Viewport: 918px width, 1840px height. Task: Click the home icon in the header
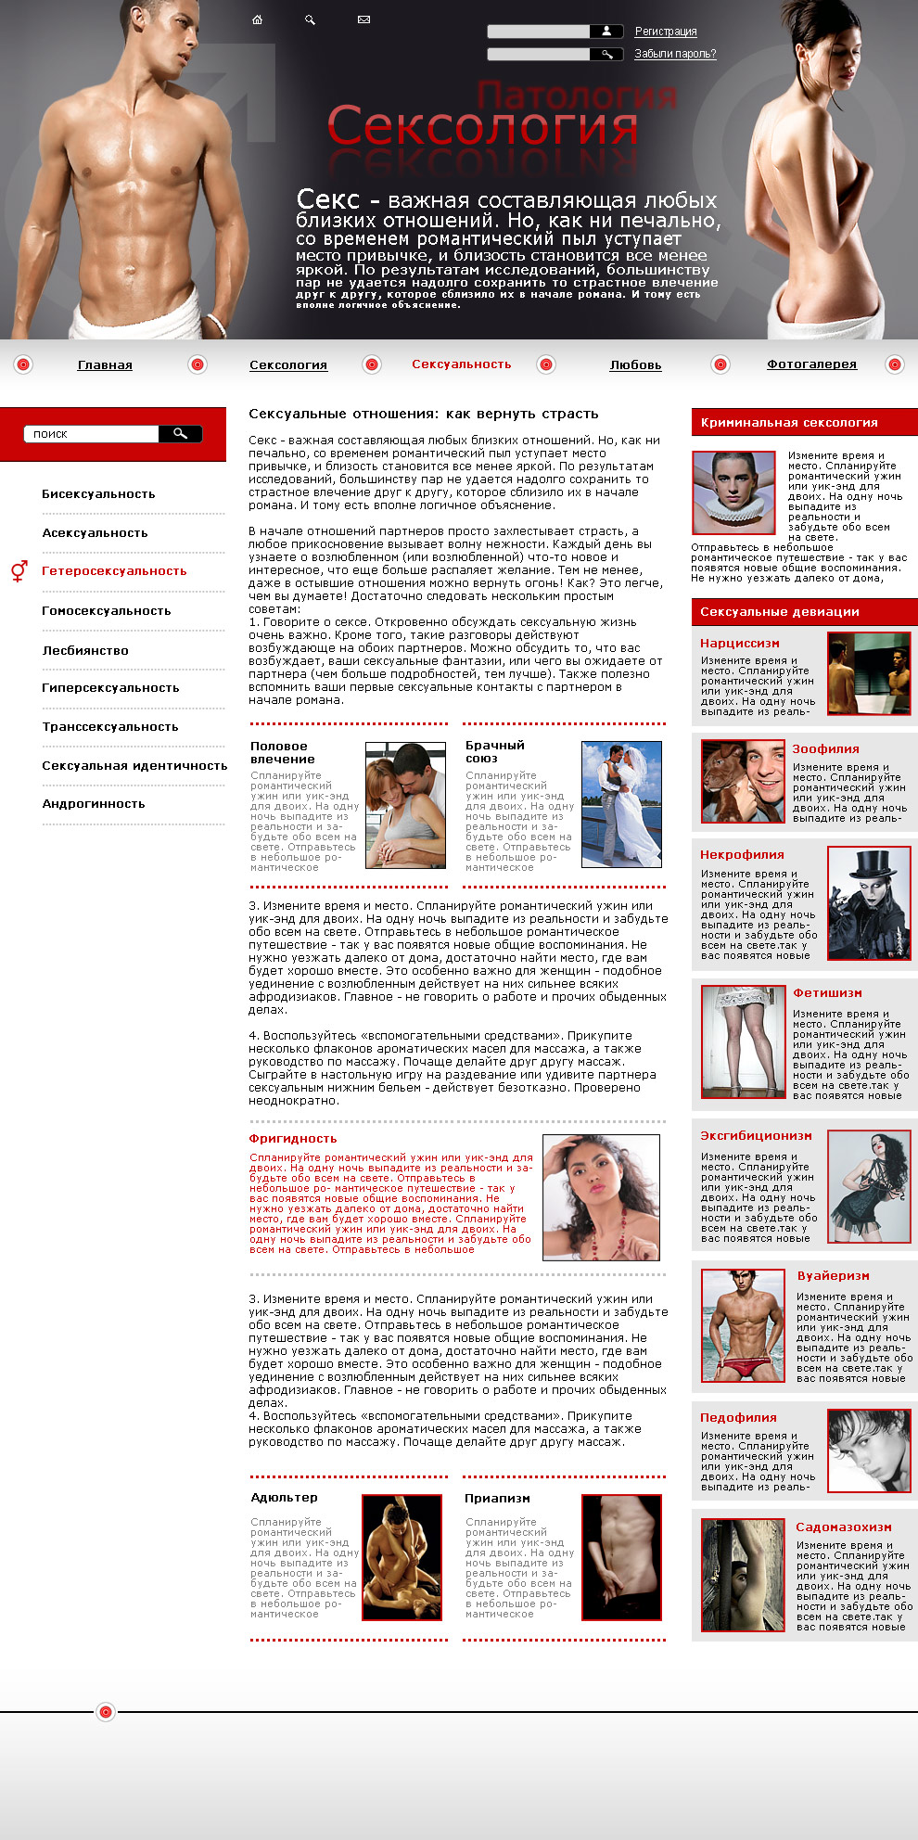point(258,19)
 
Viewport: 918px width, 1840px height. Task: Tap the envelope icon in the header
point(363,19)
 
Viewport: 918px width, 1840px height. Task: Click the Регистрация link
point(665,32)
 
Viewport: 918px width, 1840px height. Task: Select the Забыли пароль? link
point(675,54)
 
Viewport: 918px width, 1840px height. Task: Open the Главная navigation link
point(105,365)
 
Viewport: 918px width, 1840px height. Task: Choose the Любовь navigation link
point(635,365)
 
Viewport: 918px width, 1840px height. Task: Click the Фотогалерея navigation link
point(811,364)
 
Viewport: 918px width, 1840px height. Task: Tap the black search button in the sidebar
point(180,433)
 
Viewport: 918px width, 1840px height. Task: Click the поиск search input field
point(93,434)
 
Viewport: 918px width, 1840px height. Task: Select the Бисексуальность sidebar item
point(98,494)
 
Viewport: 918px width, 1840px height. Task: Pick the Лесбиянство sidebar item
point(85,651)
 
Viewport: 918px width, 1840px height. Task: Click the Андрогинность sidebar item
point(94,804)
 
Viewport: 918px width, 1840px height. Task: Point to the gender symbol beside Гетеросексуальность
point(19,570)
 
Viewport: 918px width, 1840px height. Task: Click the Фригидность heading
point(293,1139)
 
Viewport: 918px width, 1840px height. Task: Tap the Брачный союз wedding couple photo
point(621,804)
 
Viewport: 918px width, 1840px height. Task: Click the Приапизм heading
point(497,1499)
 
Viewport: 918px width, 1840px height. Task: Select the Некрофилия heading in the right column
point(742,855)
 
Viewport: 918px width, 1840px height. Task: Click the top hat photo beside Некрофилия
point(869,903)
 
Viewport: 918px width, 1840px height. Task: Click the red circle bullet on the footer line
point(106,1711)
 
